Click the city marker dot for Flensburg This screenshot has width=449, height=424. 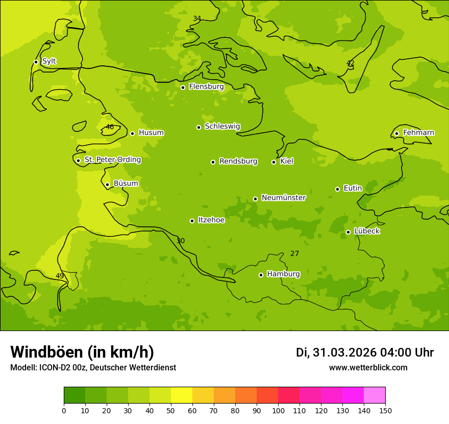183,87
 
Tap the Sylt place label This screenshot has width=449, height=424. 49,61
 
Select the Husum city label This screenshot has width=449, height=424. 151,133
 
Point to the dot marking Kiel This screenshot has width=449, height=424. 273,162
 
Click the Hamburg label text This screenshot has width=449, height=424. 283,274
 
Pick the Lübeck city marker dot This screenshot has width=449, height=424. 348,232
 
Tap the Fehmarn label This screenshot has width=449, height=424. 418,133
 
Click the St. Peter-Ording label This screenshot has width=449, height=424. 112,160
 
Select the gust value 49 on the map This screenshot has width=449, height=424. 60,276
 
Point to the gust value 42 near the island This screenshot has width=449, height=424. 351,63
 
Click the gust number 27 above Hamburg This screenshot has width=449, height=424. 295,254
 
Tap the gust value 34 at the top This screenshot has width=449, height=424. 197,19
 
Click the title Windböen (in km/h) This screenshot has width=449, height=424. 82,352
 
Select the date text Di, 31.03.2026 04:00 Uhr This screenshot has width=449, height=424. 364,352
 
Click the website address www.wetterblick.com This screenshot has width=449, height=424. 368,368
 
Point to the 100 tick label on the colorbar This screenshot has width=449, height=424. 278,410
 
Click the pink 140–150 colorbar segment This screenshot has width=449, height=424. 375,395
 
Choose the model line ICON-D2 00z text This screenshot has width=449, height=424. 93,368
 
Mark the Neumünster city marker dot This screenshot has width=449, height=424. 255,199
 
